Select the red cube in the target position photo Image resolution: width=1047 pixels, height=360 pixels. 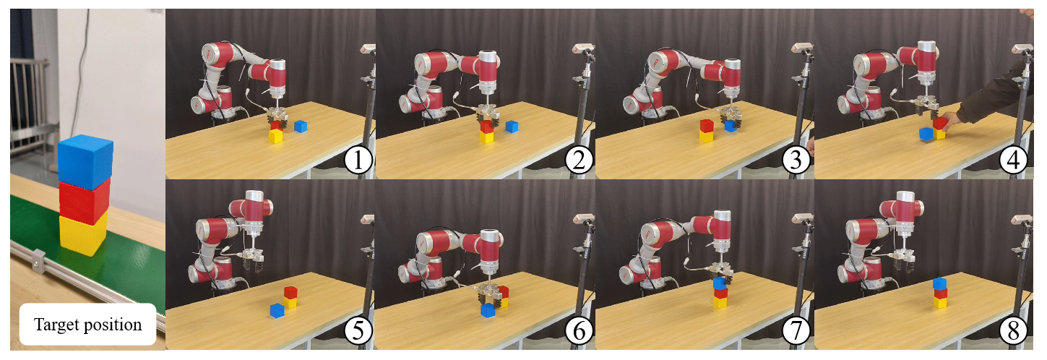84,201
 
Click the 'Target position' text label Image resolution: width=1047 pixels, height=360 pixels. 88,325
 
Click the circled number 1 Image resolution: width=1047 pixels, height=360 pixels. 358,160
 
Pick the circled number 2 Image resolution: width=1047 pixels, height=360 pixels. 579,160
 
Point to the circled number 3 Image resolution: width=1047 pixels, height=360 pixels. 796,160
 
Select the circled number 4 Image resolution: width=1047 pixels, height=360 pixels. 1013,160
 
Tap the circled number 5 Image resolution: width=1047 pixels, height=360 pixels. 358,331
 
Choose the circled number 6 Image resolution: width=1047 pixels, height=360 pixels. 579,331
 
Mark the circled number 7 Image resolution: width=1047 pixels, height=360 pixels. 796,331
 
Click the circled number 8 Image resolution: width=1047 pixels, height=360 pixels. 1013,331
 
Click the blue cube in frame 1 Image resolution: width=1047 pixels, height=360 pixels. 301,127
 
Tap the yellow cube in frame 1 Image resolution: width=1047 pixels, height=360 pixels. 276,136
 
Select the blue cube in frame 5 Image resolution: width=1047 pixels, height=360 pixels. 277,310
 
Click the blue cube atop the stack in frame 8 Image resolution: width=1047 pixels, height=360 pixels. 940,283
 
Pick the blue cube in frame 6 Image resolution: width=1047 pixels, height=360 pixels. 488,310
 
